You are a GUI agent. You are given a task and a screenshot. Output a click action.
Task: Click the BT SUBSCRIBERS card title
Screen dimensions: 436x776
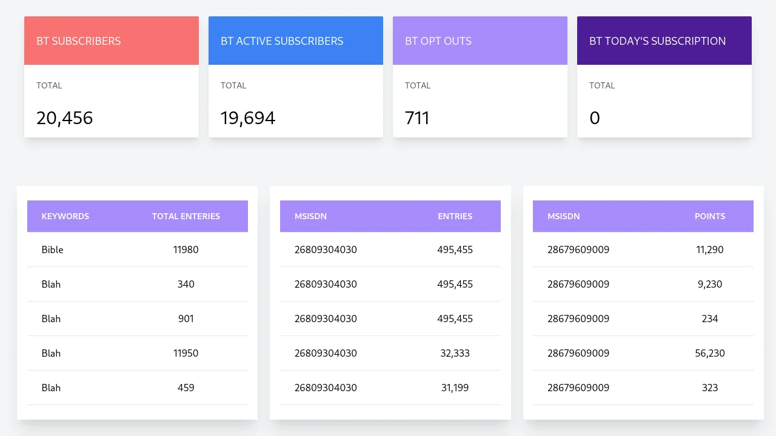79,41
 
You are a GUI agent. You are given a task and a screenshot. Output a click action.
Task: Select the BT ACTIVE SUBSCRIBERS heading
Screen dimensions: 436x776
282,41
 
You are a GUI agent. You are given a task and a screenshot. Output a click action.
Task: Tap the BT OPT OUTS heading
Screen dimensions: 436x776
438,41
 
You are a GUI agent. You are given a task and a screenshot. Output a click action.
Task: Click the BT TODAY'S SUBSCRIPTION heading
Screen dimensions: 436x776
657,41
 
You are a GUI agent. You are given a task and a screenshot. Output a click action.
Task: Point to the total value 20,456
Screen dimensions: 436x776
65,118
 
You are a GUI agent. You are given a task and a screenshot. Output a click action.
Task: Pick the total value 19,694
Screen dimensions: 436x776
248,118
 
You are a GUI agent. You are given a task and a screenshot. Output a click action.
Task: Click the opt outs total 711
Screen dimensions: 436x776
417,118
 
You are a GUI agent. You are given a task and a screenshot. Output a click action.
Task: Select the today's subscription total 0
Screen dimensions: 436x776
595,118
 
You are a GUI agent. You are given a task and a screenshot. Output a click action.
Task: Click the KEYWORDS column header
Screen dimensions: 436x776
65,216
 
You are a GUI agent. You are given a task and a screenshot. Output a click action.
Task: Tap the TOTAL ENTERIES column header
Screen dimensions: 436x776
186,216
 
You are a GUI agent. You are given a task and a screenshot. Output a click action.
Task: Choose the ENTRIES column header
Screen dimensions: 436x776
455,216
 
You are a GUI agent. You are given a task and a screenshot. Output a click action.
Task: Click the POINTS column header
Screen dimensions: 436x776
710,216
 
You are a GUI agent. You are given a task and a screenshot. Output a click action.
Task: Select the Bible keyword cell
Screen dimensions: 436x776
53,249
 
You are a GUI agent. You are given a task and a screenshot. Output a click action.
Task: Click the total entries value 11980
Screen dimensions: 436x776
186,249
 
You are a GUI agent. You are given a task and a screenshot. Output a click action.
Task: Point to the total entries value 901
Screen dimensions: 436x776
186,319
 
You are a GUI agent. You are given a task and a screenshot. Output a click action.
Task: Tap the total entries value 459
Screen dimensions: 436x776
186,388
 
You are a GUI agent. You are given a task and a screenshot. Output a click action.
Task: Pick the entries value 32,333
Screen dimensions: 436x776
455,353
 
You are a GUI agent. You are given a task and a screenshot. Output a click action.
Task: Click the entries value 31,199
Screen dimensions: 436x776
455,388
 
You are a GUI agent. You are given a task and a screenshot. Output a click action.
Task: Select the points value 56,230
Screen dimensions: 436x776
710,353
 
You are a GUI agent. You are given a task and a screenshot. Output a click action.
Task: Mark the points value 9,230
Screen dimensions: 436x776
710,284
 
